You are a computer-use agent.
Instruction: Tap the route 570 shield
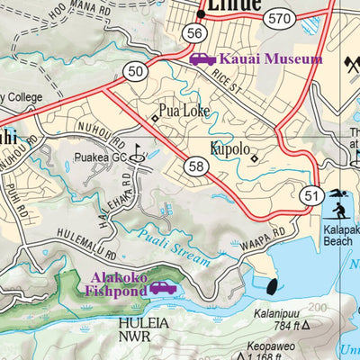tap(279, 18)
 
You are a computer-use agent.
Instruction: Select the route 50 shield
tap(136, 71)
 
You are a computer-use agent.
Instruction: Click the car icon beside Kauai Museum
tap(202, 58)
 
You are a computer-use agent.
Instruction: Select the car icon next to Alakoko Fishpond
tap(163, 288)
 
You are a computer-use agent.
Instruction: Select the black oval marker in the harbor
tap(271, 287)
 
